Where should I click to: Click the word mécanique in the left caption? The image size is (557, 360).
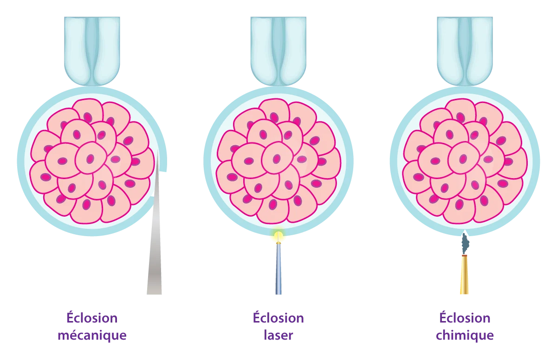click(92, 336)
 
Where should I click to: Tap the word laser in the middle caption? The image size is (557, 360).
click(278, 335)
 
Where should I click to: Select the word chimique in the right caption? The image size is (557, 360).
click(465, 336)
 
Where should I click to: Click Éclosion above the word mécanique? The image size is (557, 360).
click(92, 317)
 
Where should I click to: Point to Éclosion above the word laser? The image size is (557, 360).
click(278, 317)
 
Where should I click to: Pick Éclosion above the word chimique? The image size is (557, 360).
click(465, 317)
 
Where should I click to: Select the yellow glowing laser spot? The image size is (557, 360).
click(278, 235)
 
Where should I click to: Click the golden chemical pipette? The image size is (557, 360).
click(464, 275)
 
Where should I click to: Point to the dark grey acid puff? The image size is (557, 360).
click(465, 244)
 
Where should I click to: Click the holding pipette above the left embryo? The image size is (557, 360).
click(92, 51)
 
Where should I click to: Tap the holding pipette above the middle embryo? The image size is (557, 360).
click(278, 51)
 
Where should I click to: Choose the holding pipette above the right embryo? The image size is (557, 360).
click(465, 51)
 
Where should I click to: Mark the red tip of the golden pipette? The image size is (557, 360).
click(464, 256)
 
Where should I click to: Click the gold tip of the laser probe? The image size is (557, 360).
click(278, 243)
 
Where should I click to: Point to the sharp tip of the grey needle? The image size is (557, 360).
click(158, 149)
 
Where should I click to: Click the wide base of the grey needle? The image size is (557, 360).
click(154, 293)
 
